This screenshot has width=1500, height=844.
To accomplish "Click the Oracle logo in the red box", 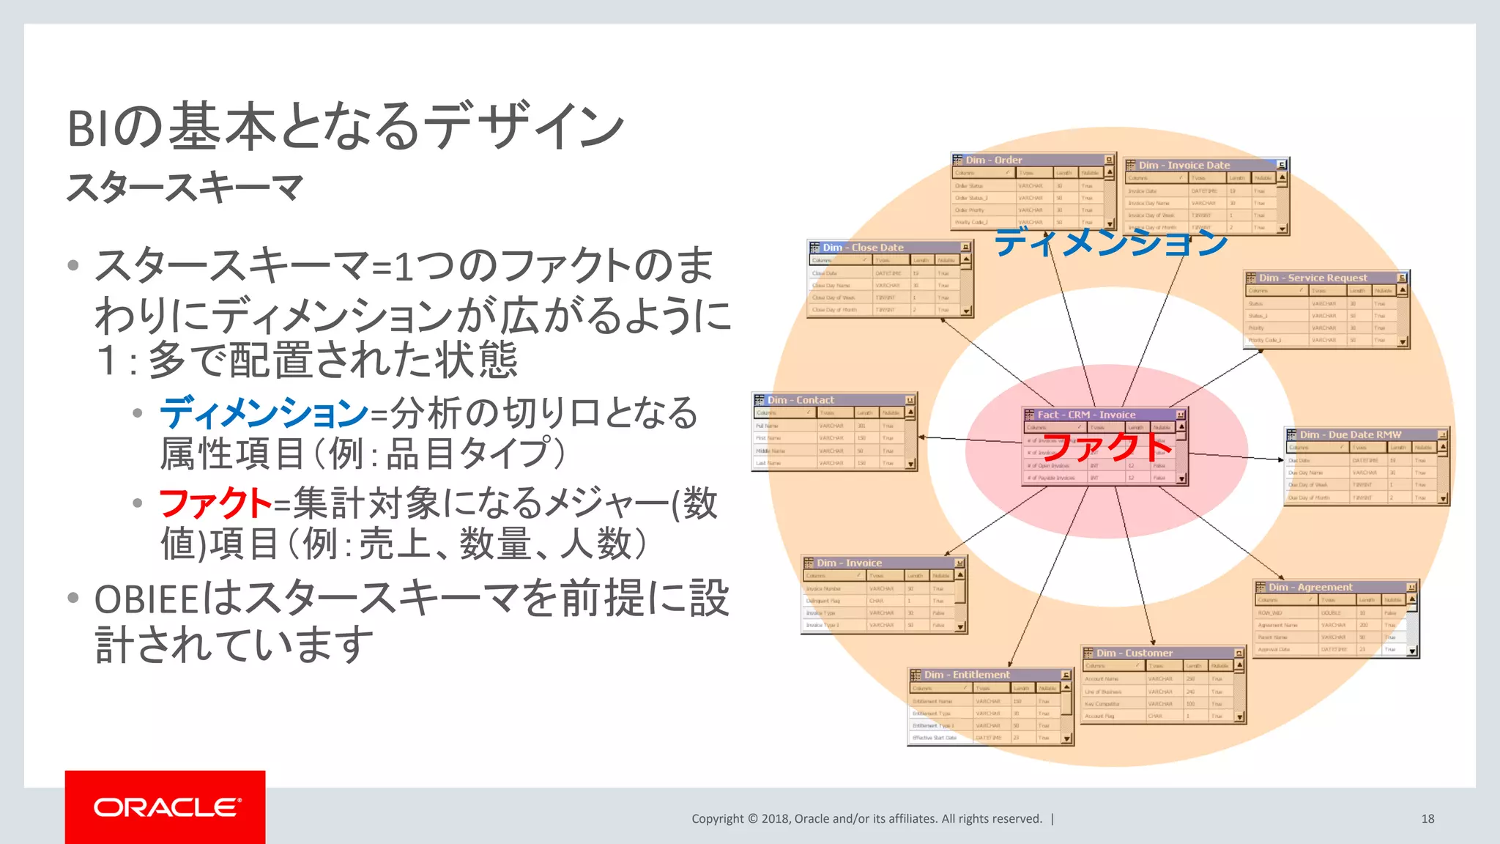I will click(x=166, y=807).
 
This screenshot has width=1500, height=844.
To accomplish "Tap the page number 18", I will click(x=1427, y=818).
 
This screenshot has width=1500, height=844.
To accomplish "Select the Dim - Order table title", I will click(x=993, y=160).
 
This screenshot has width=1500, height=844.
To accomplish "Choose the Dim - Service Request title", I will click(x=1312, y=278).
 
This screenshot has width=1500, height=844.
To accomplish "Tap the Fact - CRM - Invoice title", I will click(x=1086, y=415).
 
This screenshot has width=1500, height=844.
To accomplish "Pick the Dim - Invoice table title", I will click(x=849, y=563).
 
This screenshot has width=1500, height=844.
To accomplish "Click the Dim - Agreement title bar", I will click(x=1310, y=587).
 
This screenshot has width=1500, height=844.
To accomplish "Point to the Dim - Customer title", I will click(x=1134, y=653).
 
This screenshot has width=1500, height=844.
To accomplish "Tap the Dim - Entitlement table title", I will click(x=966, y=674).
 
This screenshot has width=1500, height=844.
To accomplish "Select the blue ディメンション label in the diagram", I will click(x=1110, y=242).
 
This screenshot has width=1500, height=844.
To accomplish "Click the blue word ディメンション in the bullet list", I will click(x=264, y=412).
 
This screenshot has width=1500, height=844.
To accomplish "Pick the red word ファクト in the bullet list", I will click(x=215, y=503).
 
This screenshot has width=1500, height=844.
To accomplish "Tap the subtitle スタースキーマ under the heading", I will click(x=185, y=188).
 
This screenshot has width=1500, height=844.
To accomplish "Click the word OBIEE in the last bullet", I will click(x=146, y=599).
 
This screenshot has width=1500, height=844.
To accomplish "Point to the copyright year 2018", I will click(x=775, y=818).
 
